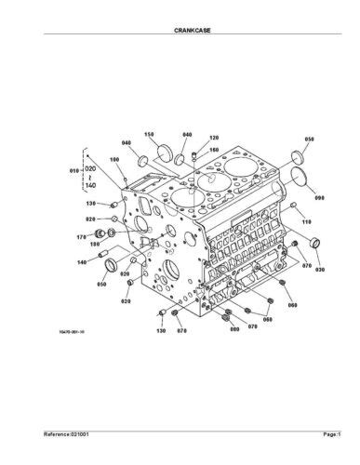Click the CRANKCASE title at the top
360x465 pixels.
pos(180,31)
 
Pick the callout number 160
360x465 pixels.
pos(213,149)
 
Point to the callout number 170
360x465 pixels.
pos(81,238)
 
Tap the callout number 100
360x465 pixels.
pos(116,159)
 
